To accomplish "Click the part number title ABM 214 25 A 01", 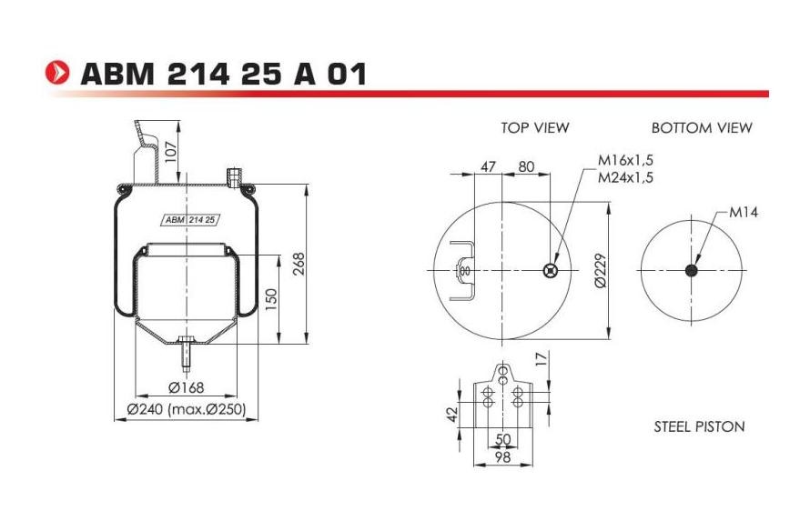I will tap(223, 74).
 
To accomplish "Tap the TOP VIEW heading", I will tap(534, 128).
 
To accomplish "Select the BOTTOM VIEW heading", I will tap(702, 128).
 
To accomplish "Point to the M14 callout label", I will tap(744, 213).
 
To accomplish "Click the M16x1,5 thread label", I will tap(625, 160).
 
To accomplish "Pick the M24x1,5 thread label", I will tap(625, 176).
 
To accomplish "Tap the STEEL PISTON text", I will tap(699, 426).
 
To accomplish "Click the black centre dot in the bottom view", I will tap(692, 271).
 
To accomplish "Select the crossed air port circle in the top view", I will tap(549, 270).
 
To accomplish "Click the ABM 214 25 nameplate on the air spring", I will tap(189, 219).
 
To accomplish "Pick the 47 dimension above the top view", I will tap(488, 166).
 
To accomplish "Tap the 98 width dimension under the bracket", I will tap(502, 456).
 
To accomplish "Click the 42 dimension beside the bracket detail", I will tap(452, 414).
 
